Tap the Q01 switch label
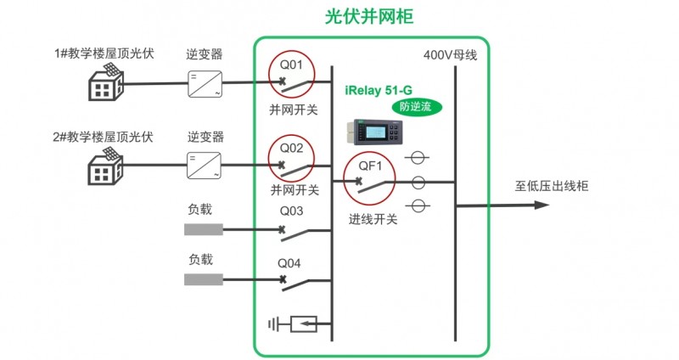tap(291, 62)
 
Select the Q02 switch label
tap(291, 147)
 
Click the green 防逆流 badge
tap(417, 107)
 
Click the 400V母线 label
tap(451, 55)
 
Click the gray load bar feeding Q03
tap(204, 229)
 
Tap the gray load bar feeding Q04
tap(204, 279)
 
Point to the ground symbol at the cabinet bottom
tap(274, 323)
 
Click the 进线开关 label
tap(373, 218)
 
